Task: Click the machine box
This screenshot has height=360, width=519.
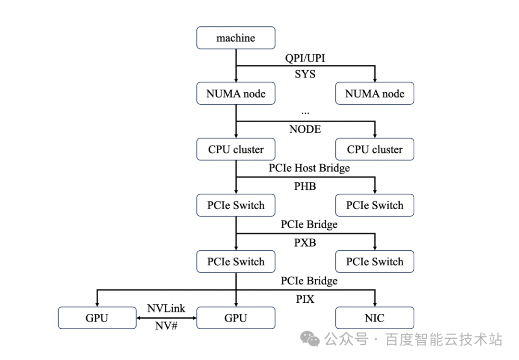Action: point(235,38)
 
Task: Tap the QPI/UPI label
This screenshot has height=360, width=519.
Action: point(305,58)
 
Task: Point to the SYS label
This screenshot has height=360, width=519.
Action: point(305,74)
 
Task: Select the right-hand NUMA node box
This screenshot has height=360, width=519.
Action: point(375,93)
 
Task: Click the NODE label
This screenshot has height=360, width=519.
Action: point(305,129)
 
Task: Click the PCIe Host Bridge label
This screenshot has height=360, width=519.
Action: point(309,168)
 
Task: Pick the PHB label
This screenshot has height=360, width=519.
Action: point(305,186)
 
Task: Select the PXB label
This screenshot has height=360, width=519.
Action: point(305,243)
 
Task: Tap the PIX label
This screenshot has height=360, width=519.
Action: point(305,299)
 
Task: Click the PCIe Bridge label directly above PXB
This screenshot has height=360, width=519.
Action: point(309,224)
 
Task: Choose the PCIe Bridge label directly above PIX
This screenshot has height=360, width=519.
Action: point(309,281)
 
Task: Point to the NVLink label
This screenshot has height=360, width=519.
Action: point(166,309)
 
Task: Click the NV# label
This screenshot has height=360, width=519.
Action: point(166,326)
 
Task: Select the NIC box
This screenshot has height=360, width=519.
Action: point(375,318)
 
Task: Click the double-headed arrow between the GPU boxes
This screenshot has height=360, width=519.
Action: point(166,318)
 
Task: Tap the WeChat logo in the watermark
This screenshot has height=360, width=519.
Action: point(310,339)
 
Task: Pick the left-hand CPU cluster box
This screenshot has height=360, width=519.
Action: point(235,149)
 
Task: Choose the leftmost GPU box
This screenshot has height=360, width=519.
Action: point(97,318)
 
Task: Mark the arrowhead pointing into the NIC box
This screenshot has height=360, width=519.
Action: point(375,304)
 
